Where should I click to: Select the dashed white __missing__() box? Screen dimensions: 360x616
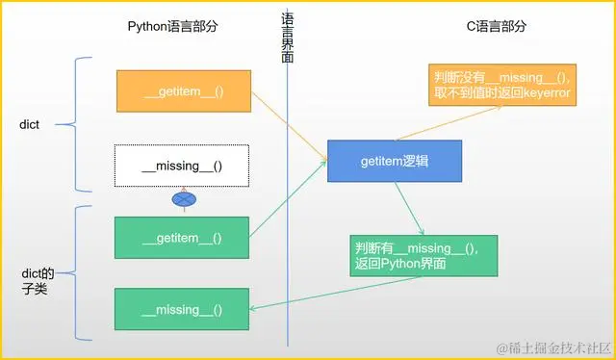pos(182,166)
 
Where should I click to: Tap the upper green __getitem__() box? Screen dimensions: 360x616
pos(182,238)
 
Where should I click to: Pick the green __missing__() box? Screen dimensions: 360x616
pos(182,309)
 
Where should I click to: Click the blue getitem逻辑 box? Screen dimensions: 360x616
pos(395,161)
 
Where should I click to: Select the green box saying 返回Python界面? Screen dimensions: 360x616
pos(424,256)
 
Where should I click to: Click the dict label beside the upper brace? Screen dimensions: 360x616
pos(31,124)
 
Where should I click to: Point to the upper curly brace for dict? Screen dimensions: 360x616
pos(81,123)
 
